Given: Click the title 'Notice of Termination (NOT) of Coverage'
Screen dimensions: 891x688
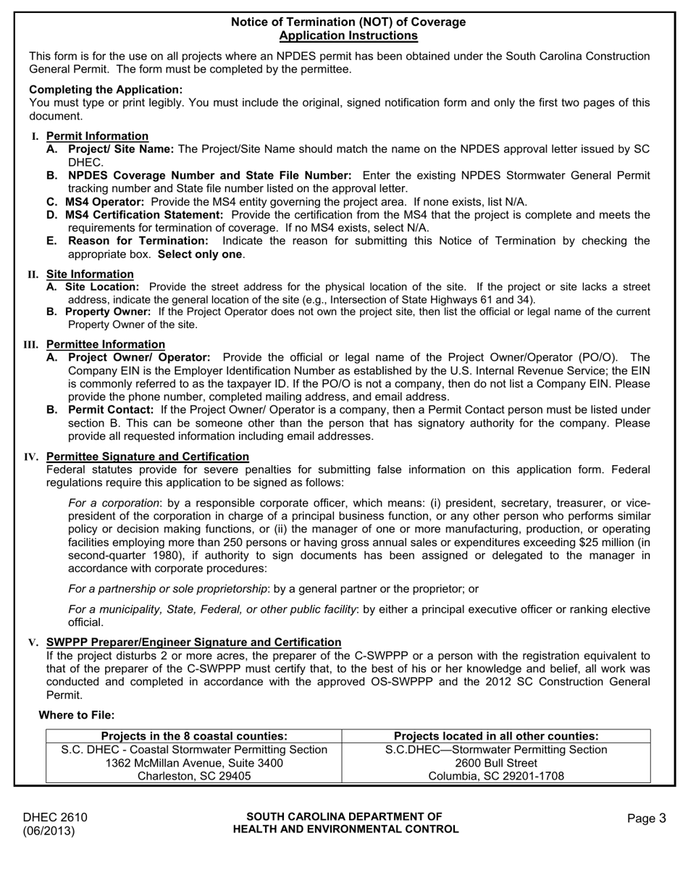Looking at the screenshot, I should click(348, 22).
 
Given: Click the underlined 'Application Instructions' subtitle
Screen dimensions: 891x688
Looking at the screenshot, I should click(348, 35).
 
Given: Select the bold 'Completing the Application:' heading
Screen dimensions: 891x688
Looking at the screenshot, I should click(106, 90).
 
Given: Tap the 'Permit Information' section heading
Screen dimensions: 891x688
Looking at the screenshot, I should click(97, 136).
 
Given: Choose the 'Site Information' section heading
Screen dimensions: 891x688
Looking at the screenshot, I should click(90, 275).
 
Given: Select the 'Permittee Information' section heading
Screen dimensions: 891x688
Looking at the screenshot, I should click(105, 344).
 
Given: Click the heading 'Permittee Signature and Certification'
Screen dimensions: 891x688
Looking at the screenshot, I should click(147, 456).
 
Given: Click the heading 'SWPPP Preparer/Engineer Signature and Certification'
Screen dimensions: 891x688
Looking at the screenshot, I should click(193, 642).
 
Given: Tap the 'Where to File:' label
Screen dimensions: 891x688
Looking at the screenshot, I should click(76, 715).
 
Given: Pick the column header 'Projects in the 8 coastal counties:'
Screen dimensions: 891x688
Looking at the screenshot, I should click(194, 736).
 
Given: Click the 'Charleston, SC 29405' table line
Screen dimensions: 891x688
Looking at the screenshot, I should click(194, 777).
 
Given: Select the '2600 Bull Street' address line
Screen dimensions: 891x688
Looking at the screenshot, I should click(496, 763).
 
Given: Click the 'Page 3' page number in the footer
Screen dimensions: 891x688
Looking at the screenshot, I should click(646, 819).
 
